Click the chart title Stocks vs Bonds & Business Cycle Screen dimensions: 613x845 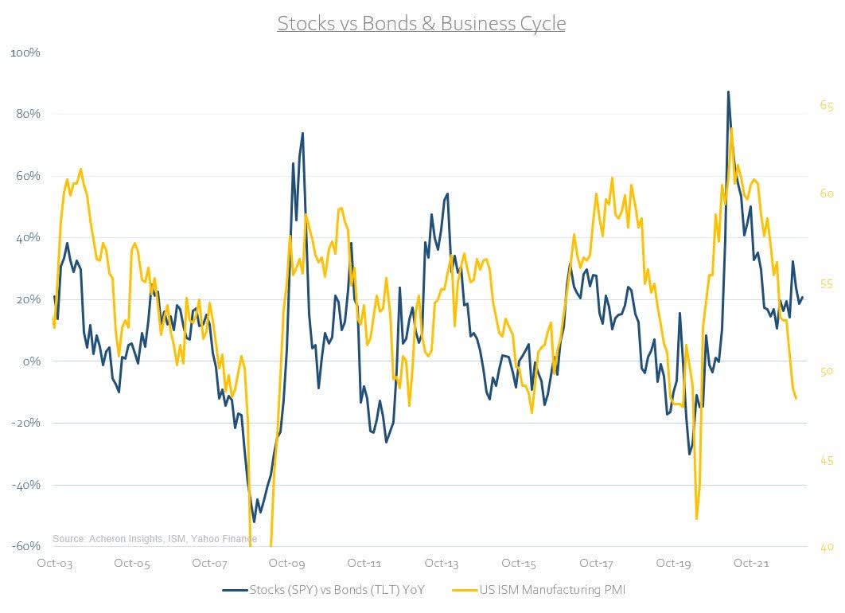click(422, 23)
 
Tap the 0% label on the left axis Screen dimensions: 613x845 click(30, 361)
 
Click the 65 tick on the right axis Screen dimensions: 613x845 click(827, 105)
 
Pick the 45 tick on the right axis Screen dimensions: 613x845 click(827, 460)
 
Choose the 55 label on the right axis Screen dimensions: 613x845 click(827, 283)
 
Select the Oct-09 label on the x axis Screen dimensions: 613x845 click(287, 563)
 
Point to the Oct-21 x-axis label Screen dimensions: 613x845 click(751, 563)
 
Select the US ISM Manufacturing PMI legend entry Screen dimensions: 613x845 click(554, 590)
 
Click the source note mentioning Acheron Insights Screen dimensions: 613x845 click(154, 539)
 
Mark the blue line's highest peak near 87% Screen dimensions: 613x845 click(728, 92)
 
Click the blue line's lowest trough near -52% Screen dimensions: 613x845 click(254, 521)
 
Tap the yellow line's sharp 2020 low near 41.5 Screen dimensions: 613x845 click(697, 518)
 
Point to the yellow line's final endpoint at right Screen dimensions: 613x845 click(796, 398)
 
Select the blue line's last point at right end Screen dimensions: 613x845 click(803, 298)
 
